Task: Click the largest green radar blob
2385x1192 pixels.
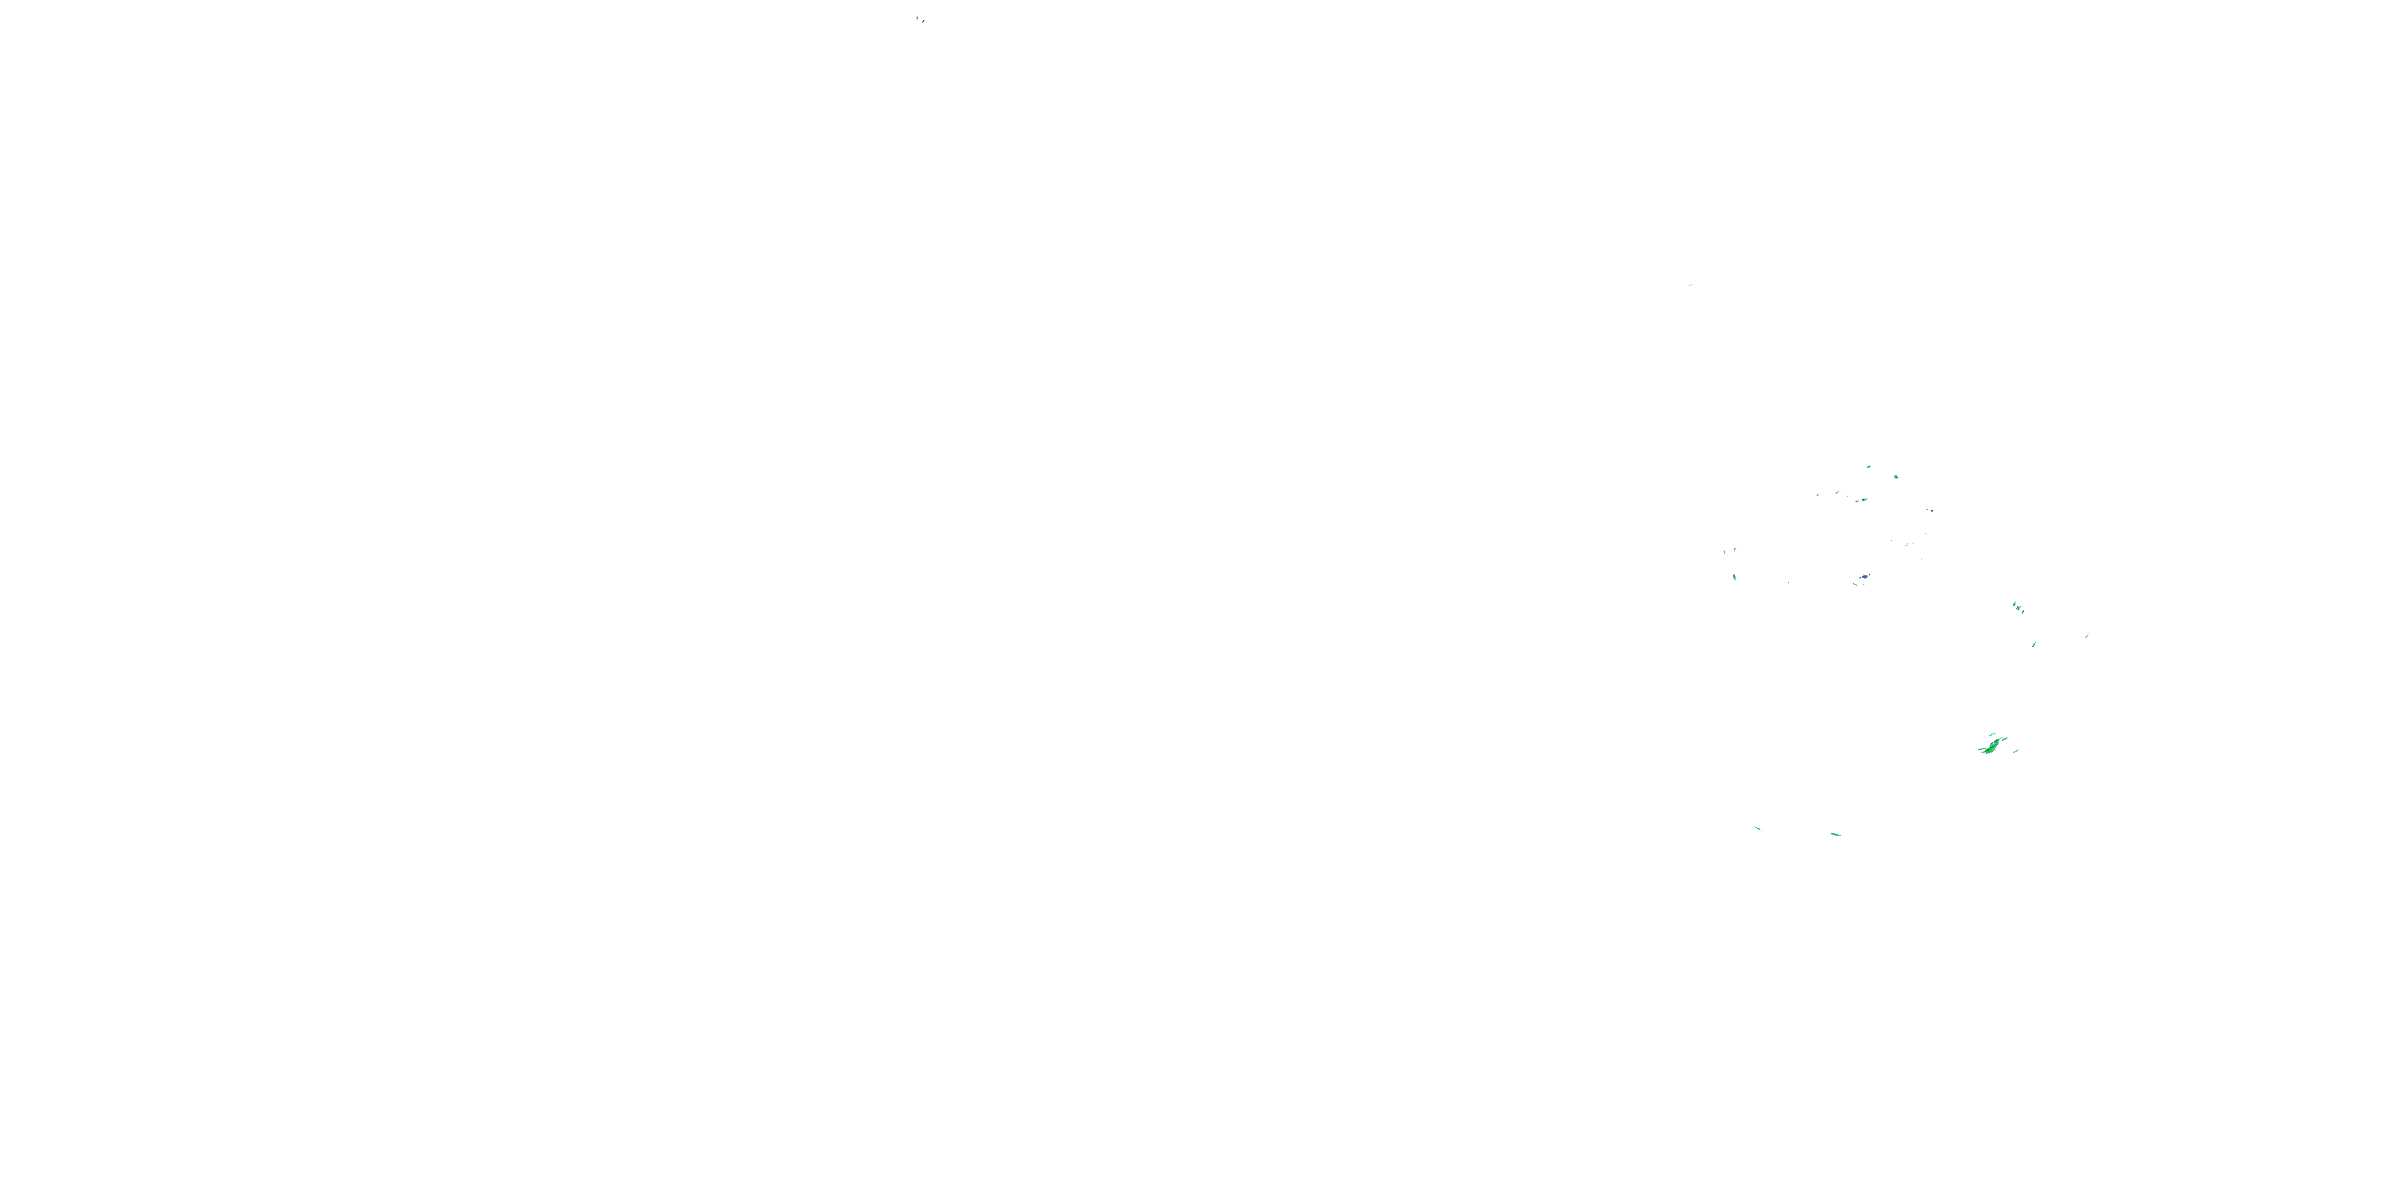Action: click(x=1990, y=745)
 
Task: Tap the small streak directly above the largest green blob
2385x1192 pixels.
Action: click(x=1991, y=735)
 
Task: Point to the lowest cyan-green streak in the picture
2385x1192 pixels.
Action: click(x=1835, y=834)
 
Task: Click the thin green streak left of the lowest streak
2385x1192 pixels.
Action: click(x=1757, y=827)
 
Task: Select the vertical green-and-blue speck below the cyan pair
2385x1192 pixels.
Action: click(x=1734, y=577)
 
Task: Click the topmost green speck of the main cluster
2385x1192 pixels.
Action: click(x=1868, y=467)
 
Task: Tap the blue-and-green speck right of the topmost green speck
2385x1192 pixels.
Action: click(x=1895, y=477)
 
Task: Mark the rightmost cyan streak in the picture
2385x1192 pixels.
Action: click(x=2087, y=635)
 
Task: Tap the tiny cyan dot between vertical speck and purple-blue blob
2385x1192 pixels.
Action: click(x=1788, y=582)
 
